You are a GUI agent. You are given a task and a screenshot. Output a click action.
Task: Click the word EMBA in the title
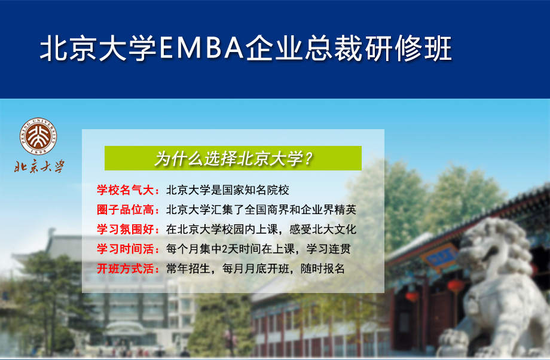pos(201,48)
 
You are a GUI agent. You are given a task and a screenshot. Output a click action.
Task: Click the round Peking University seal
pos(38,136)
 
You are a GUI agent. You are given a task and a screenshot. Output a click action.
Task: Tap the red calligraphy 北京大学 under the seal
pos(39,166)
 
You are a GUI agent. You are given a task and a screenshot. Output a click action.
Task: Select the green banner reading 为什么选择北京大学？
pos(233,158)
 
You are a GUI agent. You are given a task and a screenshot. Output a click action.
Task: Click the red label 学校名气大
pos(125,190)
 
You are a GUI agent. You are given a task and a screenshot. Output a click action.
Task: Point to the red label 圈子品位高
pos(125,209)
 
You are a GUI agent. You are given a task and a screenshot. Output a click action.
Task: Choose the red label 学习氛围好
pos(125,229)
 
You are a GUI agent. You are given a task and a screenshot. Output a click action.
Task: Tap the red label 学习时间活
pos(125,249)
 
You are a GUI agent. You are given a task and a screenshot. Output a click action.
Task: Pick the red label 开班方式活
pos(125,269)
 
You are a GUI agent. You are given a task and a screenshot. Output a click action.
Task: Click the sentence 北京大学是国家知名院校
pos(228,190)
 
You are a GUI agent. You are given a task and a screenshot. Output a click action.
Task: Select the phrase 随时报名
pos(323,269)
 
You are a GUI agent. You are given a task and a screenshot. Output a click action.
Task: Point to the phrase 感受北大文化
pos(323,229)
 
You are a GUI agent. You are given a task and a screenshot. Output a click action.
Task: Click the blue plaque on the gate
pos(440,257)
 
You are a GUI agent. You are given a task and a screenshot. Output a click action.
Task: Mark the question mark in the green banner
pos(308,159)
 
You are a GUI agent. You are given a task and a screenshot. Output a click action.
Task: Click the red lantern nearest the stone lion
pos(456,285)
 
